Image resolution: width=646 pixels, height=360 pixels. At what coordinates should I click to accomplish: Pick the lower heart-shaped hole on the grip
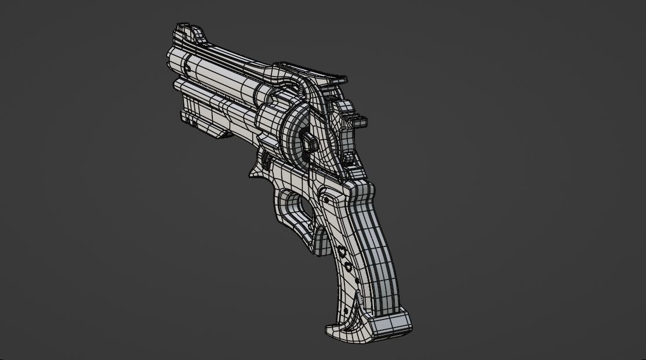point(349,267)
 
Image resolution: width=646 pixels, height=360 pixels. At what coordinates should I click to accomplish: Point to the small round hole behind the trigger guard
point(326,200)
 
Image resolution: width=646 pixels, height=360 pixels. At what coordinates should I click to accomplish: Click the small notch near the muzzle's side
point(187,69)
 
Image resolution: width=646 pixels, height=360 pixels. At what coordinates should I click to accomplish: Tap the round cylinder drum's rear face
point(296,133)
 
